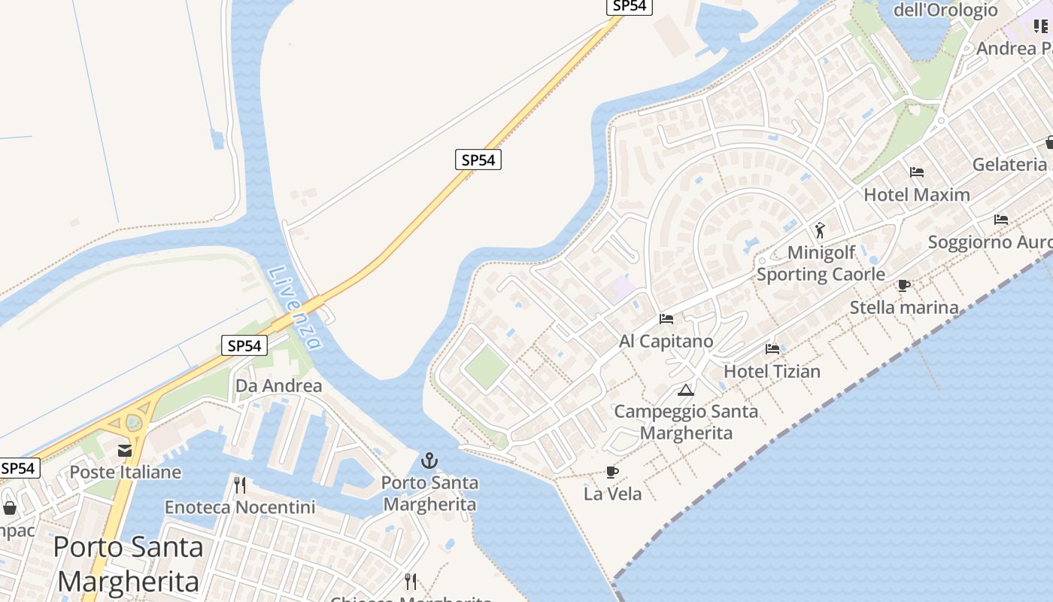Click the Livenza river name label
[x=294, y=309]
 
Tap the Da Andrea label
[x=278, y=386]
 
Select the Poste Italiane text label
[x=126, y=473]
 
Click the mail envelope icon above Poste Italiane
[x=125, y=450]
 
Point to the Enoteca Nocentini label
[x=240, y=507]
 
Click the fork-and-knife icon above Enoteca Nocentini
[x=240, y=485]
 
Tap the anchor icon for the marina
[x=429, y=460]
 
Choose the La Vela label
[x=612, y=494]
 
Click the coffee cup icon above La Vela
[x=612, y=472]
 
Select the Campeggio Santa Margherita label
[x=686, y=422]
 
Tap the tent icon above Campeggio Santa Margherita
[x=685, y=390]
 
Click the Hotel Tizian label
[x=772, y=371]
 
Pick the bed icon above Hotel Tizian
[x=772, y=348]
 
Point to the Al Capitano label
[x=666, y=341]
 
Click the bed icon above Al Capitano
[x=666, y=318]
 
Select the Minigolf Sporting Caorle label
[x=821, y=263]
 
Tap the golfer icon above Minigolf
[x=820, y=230]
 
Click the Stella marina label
[x=904, y=307]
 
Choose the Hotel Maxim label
[x=916, y=194]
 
